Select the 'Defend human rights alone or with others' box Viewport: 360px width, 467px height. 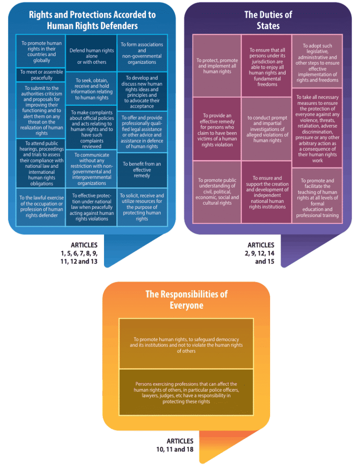click(x=92, y=53)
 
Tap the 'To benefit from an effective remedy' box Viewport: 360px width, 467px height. click(x=142, y=170)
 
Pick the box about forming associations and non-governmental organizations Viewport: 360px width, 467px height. click(x=142, y=53)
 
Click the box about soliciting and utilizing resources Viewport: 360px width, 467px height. click(x=142, y=207)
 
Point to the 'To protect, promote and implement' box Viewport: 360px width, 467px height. click(x=217, y=66)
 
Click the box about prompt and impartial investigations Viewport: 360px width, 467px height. click(x=266, y=129)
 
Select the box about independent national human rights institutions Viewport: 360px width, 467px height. click(x=266, y=192)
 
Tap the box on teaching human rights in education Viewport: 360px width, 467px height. click(x=317, y=195)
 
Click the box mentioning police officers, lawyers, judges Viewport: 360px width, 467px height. click(x=186, y=392)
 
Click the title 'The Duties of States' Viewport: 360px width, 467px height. click(x=268, y=20)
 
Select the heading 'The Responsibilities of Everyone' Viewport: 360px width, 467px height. click(x=186, y=300)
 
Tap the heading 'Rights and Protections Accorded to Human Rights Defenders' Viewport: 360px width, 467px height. click(x=92, y=20)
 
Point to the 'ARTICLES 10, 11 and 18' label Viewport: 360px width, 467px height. click(x=175, y=445)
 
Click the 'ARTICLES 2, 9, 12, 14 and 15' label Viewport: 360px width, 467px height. click(x=260, y=253)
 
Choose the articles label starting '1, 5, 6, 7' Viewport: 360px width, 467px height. click(x=79, y=253)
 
